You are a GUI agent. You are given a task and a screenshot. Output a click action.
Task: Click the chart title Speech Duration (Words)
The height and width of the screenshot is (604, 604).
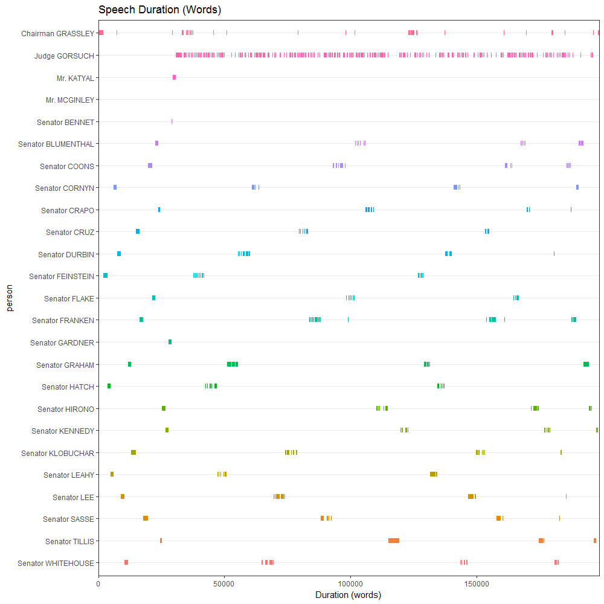(159, 10)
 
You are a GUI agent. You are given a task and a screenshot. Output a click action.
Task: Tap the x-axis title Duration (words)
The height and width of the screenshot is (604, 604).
(349, 595)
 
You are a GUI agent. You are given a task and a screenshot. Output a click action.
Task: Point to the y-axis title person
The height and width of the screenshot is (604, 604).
(10, 298)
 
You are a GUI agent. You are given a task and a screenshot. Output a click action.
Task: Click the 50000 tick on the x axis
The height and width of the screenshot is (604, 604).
(224, 584)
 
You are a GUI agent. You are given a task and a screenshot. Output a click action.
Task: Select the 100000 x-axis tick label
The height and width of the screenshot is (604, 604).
(350, 584)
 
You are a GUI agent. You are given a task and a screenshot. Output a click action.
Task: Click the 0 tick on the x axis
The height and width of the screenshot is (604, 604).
(98, 584)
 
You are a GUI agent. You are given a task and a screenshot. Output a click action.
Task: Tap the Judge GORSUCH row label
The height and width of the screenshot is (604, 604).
(64, 56)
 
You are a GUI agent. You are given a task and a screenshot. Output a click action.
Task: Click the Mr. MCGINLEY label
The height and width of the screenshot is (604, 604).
(70, 100)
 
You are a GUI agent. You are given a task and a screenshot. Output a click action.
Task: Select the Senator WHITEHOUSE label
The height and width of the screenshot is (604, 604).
(56, 564)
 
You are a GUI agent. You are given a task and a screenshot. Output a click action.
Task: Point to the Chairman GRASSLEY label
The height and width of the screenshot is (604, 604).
(57, 33)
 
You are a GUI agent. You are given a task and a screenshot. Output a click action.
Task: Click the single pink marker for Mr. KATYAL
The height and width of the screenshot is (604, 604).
(174, 77)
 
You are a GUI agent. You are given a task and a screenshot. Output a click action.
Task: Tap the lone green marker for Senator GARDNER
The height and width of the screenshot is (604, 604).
(170, 342)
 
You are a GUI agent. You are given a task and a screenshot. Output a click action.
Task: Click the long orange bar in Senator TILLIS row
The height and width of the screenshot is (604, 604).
(394, 541)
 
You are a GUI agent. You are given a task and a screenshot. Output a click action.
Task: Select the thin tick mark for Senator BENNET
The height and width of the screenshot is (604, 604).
(172, 121)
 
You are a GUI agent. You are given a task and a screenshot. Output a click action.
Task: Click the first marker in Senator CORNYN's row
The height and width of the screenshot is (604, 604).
(115, 187)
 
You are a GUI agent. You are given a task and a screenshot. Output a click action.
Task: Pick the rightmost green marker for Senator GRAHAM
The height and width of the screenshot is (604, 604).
(586, 364)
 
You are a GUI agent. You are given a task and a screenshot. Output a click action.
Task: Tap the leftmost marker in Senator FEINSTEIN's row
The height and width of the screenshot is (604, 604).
(105, 275)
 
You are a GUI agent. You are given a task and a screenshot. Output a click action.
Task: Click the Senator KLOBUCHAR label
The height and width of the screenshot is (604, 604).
(57, 453)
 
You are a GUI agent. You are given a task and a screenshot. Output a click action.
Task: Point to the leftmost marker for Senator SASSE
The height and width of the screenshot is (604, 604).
(145, 518)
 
